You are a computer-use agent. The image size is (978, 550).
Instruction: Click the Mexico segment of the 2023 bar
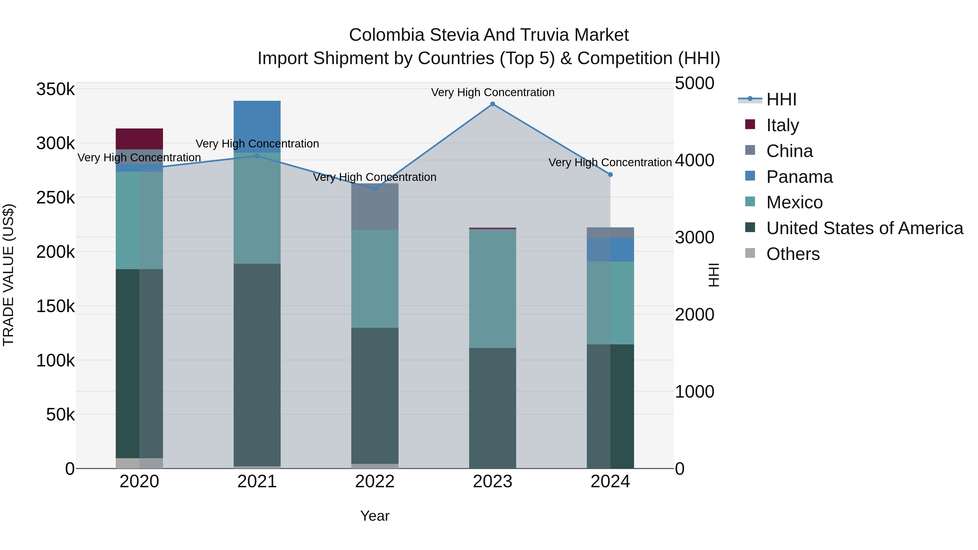point(493,288)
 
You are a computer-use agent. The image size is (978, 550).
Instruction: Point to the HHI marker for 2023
point(493,104)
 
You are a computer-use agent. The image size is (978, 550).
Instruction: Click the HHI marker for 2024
point(610,175)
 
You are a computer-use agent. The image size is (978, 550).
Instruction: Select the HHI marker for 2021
point(257,156)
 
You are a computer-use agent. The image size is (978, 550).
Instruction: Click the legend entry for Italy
point(782,125)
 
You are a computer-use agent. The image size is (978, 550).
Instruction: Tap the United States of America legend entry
point(864,228)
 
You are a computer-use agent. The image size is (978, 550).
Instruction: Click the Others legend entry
point(792,254)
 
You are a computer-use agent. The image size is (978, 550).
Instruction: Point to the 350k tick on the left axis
point(55,90)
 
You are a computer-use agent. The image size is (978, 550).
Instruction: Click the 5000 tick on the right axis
point(694,83)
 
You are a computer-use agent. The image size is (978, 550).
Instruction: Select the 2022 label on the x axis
point(374,482)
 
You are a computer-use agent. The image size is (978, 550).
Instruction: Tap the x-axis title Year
point(374,516)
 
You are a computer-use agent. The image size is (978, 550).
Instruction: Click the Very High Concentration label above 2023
point(493,92)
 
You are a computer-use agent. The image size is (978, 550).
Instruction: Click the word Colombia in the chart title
point(387,35)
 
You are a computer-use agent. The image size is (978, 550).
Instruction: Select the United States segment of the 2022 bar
point(374,395)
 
